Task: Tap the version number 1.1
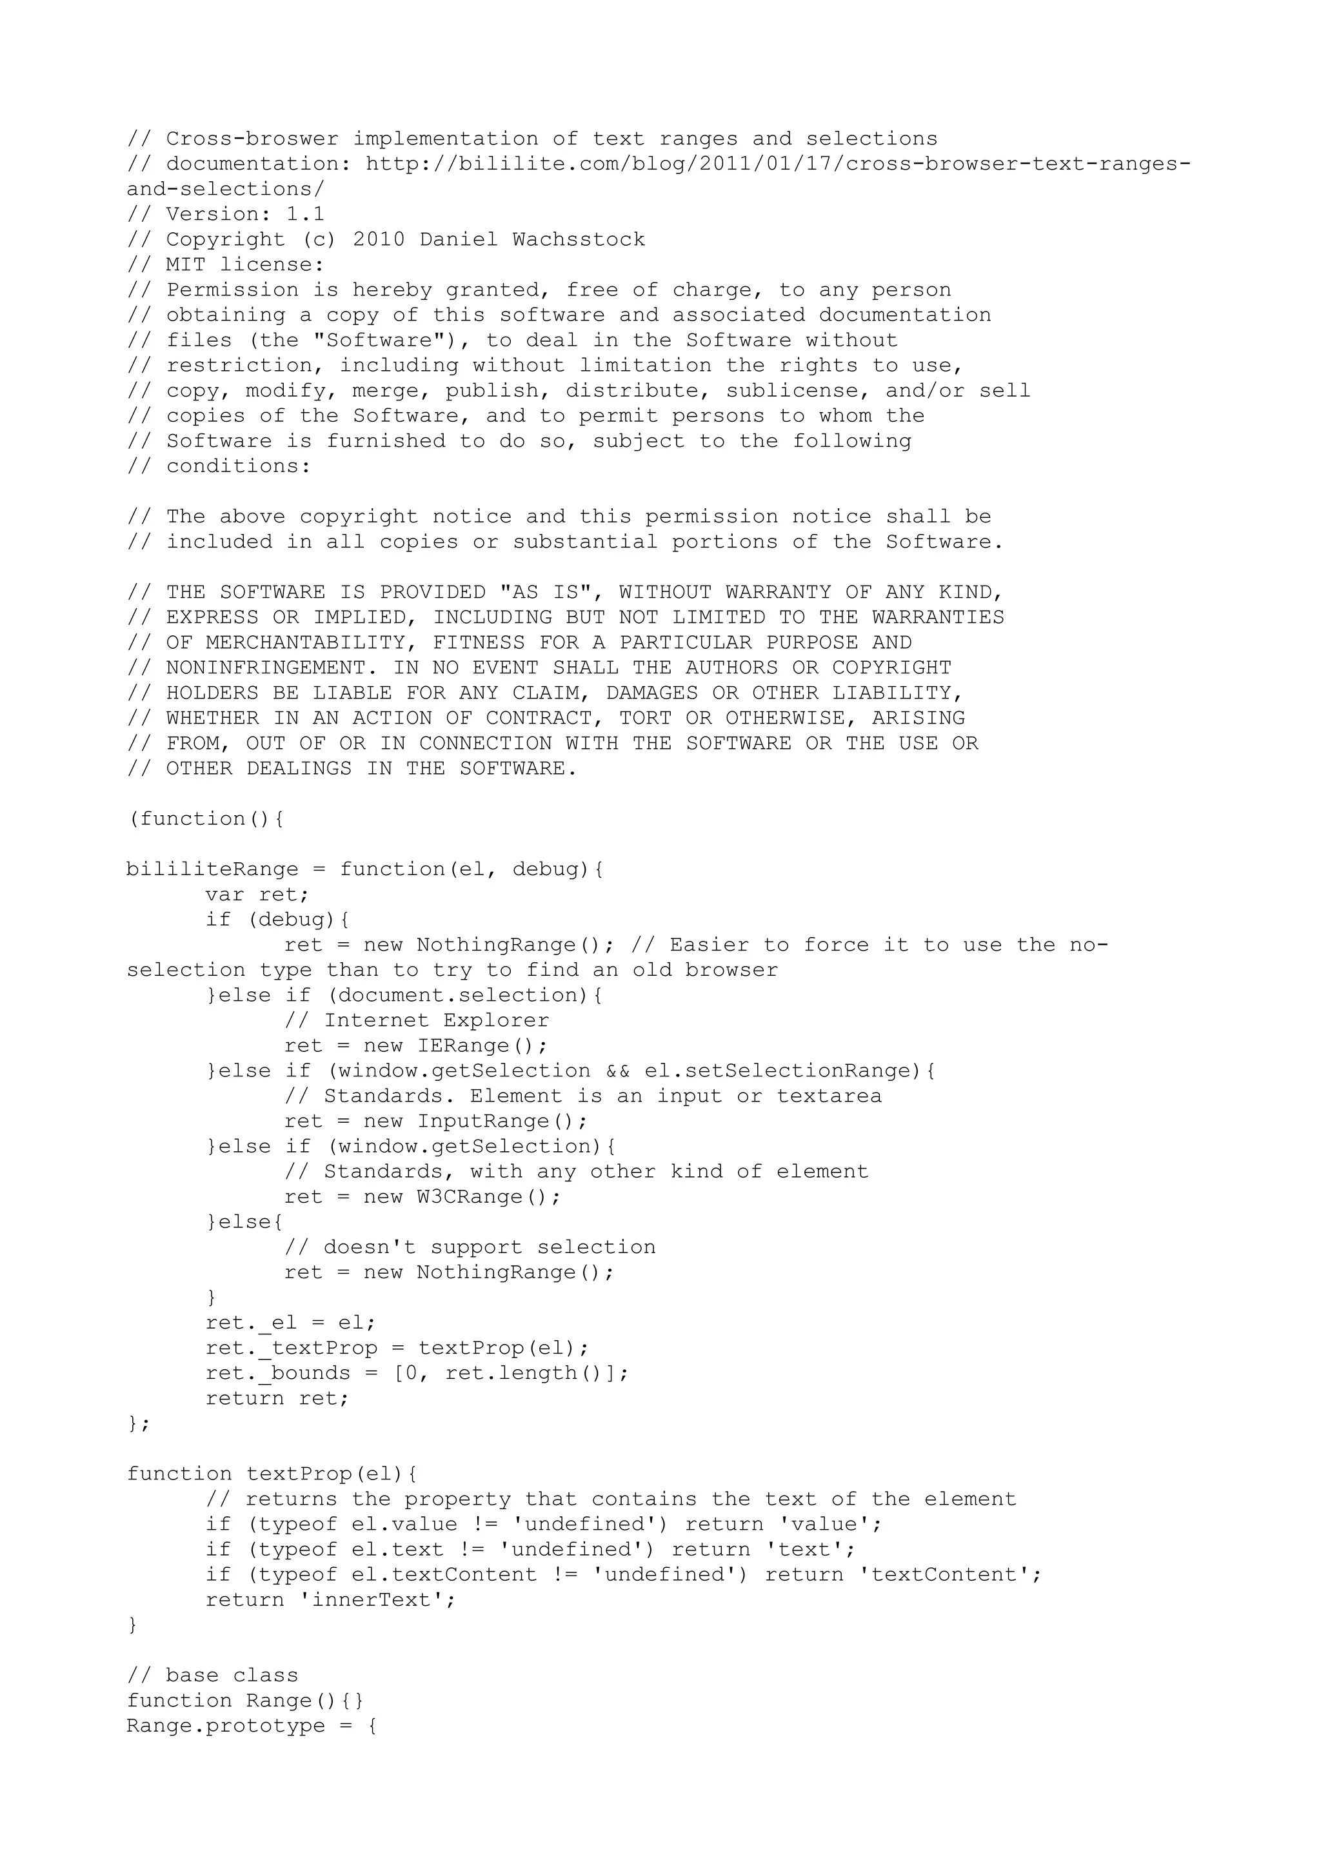tap(305, 215)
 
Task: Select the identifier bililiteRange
tap(212, 869)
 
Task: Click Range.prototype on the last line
tap(226, 1726)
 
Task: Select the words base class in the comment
tap(232, 1676)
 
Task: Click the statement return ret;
tap(277, 1398)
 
